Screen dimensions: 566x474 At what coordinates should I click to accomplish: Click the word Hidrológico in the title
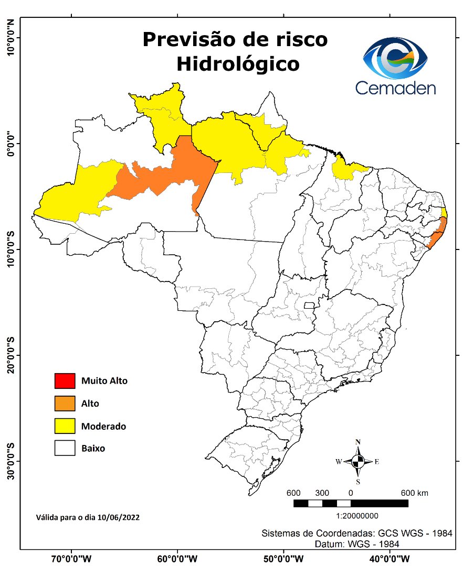(238, 64)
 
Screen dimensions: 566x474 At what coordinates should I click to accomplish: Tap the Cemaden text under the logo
(395, 88)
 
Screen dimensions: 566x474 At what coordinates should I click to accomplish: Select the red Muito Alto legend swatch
(65, 380)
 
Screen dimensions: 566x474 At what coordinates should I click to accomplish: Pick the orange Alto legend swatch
(65, 404)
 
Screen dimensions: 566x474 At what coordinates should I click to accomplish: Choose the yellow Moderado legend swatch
(65, 426)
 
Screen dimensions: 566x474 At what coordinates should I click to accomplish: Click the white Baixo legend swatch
(65, 449)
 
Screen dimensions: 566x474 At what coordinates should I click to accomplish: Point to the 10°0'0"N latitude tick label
(10, 37)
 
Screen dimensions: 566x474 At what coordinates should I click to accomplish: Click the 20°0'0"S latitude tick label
(10, 355)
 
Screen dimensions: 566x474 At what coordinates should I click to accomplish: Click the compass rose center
(358, 462)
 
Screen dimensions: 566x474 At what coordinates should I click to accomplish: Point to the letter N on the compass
(358, 442)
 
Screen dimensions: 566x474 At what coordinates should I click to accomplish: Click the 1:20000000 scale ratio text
(350, 516)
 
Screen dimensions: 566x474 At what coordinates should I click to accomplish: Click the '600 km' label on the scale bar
(415, 493)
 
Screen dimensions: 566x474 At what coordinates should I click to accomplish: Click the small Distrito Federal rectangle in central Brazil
(309, 305)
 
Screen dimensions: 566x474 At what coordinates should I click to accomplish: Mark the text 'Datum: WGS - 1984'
(357, 544)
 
